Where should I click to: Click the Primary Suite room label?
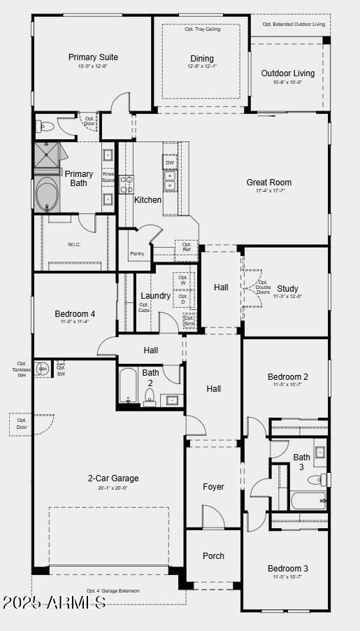(x=93, y=57)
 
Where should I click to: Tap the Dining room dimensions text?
(x=202, y=66)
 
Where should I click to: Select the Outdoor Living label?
(x=288, y=73)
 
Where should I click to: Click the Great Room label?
(x=269, y=183)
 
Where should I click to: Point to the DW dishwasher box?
(x=170, y=162)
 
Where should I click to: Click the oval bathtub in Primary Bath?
(x=48, y=194)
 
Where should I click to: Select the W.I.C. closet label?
(x=75, y=244)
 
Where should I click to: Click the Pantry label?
(x=137, y=253)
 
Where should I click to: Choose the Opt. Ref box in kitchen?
(x=187, y=247)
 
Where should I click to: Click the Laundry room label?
(x=155, y=296)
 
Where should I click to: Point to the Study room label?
(x=287, y=288)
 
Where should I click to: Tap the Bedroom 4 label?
(x=75, y=314)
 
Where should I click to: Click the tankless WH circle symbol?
(x=43, y=369)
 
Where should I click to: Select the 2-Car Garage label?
(x=113, y=478)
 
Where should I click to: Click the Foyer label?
(x=214, y=487)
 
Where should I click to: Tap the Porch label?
(x=214, y=556)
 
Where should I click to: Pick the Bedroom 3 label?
(x=288, y=569)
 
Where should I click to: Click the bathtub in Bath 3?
(x=308, y=501)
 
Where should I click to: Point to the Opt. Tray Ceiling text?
(x=203, y=29)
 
